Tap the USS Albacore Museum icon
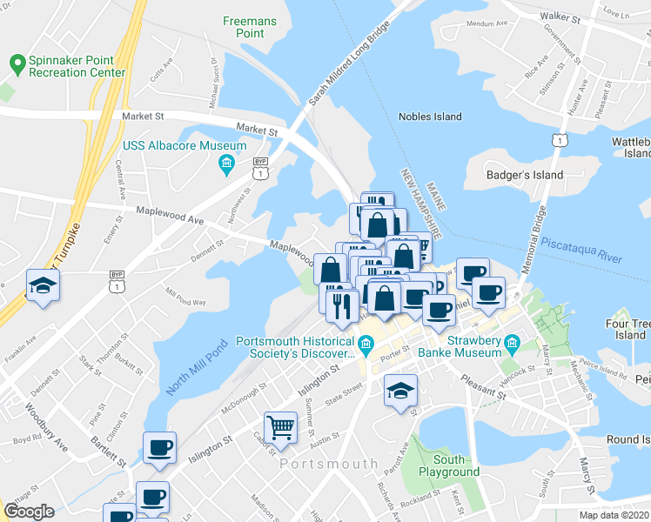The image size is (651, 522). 227,163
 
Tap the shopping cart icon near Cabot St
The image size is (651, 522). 280,426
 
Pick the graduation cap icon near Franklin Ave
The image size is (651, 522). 41,286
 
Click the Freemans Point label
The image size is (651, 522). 244,26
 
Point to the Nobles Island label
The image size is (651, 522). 430,117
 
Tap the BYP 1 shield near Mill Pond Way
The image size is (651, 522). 117,281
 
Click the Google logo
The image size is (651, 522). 29,512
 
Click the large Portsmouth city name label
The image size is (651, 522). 328,464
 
